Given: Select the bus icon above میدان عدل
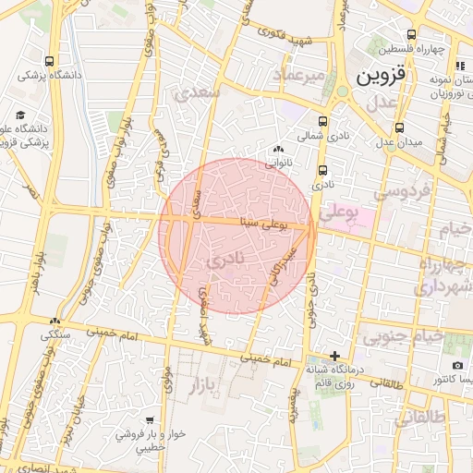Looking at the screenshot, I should tap(399, 127).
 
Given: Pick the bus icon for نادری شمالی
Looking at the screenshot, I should tap(322, 121).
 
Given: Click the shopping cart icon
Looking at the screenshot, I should tap(150, 420).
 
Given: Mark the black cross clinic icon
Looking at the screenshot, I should tap(334, 356).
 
